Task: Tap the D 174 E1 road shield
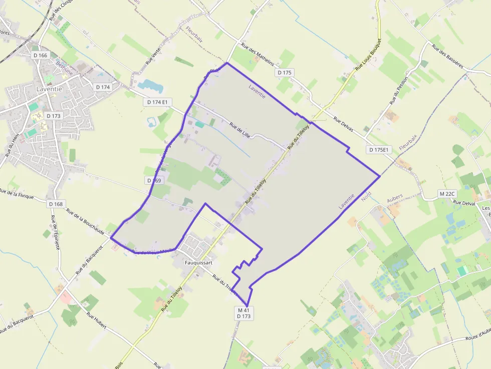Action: click(x=157, y=102)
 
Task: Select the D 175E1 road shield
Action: click(x=379, y=150)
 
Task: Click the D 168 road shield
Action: click(x=57, y=204)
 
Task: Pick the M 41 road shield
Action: click(x=243, y=310)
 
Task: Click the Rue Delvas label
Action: click(x=343, y=125)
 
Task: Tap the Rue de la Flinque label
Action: click(x=17, y=193)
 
